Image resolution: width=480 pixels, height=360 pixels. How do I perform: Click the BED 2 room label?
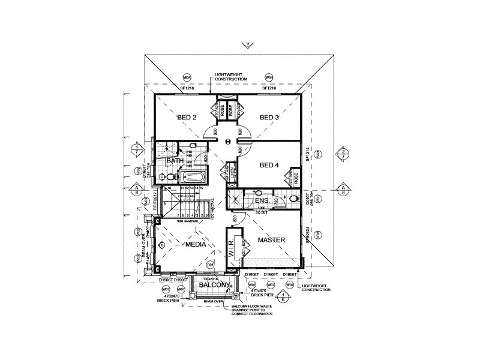[187, 118]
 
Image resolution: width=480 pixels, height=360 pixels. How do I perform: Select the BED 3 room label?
[269, 118]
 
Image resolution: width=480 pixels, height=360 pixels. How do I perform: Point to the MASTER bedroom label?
[271, 240]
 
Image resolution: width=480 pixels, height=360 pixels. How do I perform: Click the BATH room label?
[175, 161]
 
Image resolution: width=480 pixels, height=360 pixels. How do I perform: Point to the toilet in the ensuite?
[293, 199]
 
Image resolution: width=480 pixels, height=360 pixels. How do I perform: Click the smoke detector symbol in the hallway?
[228, 142]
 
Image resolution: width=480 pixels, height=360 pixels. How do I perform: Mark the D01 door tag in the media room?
[210, 264]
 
